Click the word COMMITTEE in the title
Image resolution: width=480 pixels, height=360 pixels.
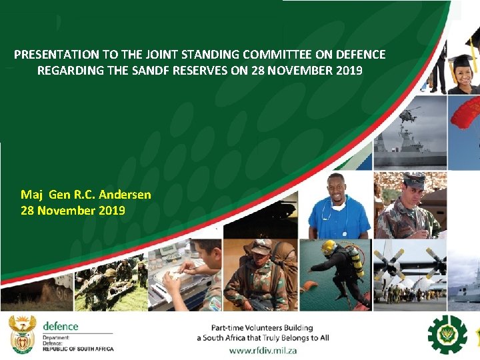275,55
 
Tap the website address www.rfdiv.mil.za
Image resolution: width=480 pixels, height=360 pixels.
263,350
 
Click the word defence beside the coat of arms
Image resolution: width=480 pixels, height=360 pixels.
61,326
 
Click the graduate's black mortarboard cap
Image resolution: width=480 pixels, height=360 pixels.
461,61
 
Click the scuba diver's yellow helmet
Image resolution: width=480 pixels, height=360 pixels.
328,246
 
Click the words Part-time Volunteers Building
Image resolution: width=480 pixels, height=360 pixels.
262,327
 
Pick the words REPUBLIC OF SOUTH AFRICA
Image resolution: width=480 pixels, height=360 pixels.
78,349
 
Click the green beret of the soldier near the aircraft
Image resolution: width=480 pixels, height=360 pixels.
415,178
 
